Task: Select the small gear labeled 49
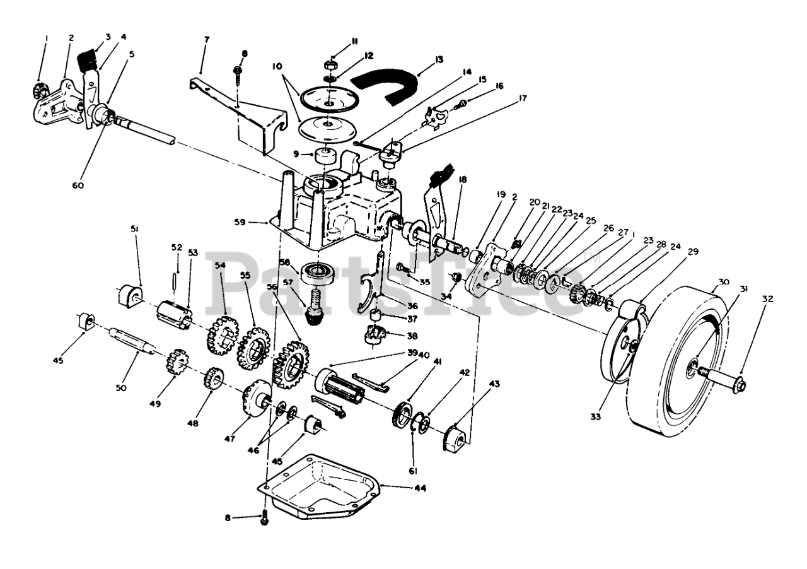177,363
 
